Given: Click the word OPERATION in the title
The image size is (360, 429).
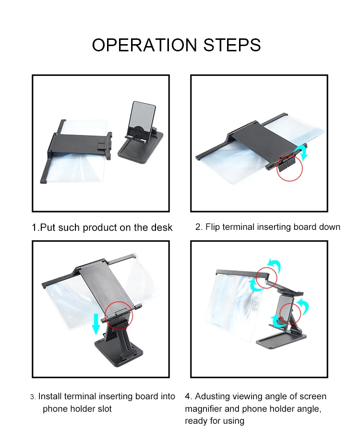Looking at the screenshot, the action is tap(144, 45).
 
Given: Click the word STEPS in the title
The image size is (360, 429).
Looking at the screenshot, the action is tap(232, 45).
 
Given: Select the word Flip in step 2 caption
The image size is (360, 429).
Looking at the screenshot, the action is tap(212, 227).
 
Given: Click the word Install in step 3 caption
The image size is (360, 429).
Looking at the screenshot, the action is tap(50, 396).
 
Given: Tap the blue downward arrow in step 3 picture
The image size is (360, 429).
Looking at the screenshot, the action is tap(96, 324).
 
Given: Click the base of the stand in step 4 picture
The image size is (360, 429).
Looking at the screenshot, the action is tap(281, 339).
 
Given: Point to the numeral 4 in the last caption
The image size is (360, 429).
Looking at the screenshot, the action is tap(188, 396).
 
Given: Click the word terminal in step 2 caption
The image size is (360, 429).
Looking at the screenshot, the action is tap(239, 227).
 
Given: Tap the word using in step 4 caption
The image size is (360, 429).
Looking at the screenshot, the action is tap(234, 421).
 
